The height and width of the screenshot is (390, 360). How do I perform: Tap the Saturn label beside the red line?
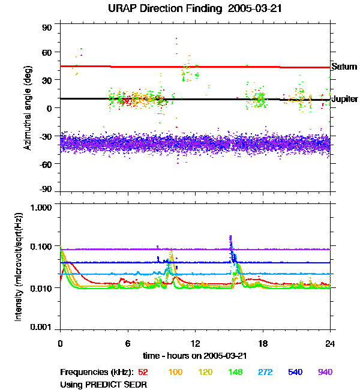pyautogui.click(x=344, y=67)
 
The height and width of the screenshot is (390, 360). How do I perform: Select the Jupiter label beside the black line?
pyautogui.click(x=344, y=98)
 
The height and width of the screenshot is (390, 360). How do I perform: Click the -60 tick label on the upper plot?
pyautogui.click(x=46, y=163)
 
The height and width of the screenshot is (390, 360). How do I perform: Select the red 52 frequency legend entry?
pyautogui.click(x=143, y=372)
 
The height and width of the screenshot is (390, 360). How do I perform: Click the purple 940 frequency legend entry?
pyautogui.click(x=325, y=372)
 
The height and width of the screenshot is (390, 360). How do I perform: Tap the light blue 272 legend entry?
pyautogui.click(x=265, y=372)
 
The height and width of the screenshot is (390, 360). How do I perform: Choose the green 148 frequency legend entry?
pyautogui.click(x=235, y=372)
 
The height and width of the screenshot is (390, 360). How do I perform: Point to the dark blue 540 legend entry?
pyautogui.click(x=295, y=372)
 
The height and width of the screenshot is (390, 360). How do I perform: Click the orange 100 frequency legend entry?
pyautogui.click(x=175, y=372)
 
